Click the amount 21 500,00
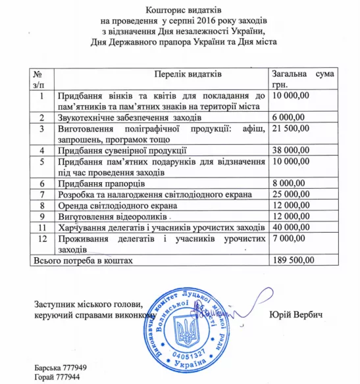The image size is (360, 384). pos(292,129)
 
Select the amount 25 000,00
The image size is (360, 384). pos(292,195)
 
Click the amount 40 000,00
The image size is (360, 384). pos(292,228)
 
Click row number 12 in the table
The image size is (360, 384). pos(41,239)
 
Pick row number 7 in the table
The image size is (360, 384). pos(41,195)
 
